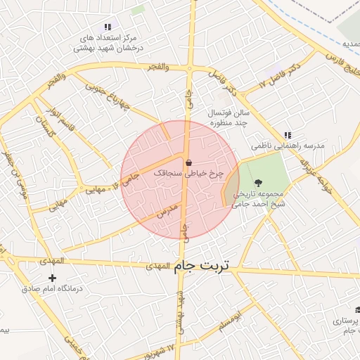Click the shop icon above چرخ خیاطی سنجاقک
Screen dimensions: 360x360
[188, 162]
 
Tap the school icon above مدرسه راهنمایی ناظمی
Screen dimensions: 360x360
[287, 135]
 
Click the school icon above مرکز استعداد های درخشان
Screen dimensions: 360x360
[106, 27]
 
